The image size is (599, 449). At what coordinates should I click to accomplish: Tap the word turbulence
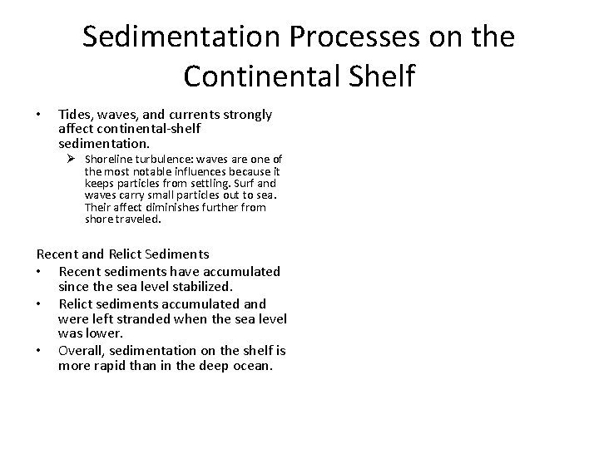pos(166,159)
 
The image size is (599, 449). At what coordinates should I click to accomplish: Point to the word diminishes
pos(170,207)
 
